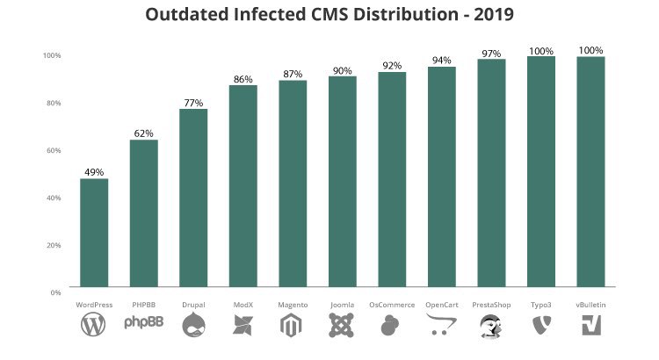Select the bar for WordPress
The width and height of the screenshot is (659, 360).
(94, 233)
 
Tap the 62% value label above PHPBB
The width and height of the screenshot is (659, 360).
(143, 133)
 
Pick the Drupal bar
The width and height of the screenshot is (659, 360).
(193, 198)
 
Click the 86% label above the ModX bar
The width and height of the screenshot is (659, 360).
(243, 79)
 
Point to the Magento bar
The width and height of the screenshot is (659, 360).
(293, 183)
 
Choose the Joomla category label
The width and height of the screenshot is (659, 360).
(342, 305)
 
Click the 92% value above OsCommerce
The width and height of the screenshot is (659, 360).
(392, 66)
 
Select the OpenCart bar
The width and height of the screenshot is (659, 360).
(441, 176)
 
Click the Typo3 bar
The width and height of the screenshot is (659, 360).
(540, 171)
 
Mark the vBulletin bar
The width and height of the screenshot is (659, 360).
(590, 171)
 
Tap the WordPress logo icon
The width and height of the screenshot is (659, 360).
(93, 327)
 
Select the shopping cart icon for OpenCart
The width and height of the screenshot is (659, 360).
(441, 327)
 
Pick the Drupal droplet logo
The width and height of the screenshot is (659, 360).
(193, 327)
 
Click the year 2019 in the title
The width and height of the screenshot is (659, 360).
(488, 15)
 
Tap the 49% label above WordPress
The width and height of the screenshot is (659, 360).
(94, 172)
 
